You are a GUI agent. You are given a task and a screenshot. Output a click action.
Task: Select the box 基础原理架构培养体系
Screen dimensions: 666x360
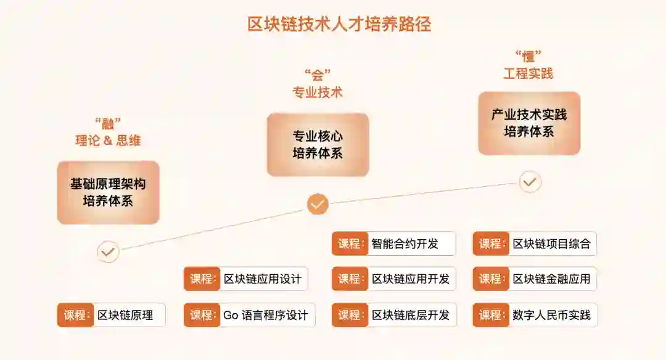108,192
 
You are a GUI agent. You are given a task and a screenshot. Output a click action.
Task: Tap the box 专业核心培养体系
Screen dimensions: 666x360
318,144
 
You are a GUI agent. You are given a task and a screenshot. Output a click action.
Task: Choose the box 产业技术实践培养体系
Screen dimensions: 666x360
529,123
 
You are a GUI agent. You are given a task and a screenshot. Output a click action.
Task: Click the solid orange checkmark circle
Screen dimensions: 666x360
318,204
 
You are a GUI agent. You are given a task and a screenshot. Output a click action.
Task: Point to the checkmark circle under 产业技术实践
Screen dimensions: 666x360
530,182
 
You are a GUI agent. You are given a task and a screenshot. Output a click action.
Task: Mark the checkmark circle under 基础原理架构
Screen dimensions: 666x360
109,252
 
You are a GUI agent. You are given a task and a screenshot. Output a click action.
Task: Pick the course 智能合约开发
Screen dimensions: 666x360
405,243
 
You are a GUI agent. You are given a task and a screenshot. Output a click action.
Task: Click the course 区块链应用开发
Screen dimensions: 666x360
410,279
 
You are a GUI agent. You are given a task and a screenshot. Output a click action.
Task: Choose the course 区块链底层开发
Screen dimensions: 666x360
410,315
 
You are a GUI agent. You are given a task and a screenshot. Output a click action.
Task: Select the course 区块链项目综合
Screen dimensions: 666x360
551,243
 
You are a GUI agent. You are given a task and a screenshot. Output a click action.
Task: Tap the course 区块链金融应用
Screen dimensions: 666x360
551,279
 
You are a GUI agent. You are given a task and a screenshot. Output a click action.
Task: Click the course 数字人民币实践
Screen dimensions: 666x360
551,315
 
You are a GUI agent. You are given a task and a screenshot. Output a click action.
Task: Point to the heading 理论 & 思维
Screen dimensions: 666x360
108,141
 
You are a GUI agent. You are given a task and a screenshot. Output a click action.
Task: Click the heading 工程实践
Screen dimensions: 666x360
528,74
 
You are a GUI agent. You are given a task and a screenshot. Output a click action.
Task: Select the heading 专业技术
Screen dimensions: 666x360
318,93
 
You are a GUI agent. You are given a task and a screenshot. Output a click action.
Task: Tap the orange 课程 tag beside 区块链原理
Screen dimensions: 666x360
76,315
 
